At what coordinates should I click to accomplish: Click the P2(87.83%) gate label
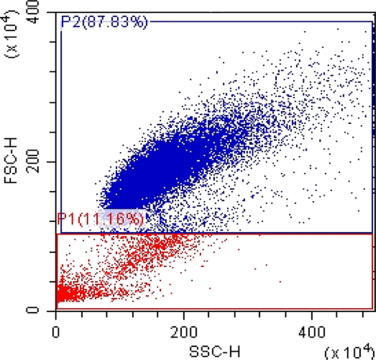point(104,22)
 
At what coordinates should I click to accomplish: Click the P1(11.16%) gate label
point(100,218)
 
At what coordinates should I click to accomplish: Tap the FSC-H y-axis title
point(11,160)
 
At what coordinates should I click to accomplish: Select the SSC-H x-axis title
point(215,352)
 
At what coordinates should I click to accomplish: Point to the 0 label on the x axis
point(55,333)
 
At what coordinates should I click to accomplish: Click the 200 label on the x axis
point(184,333)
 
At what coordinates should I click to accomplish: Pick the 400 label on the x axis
point(312,333)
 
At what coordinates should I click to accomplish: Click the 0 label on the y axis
point(32,311)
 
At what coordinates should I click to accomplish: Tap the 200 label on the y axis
point(32,161)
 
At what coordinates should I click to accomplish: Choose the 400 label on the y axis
point(32,12)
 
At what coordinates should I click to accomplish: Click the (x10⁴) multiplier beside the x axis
point(350,351)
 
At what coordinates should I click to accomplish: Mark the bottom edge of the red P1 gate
point(215,309)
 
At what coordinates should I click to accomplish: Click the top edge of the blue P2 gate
point(260,21)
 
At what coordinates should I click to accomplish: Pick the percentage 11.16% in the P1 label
point(111,219)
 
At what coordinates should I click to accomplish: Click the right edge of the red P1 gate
point(373,271)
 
